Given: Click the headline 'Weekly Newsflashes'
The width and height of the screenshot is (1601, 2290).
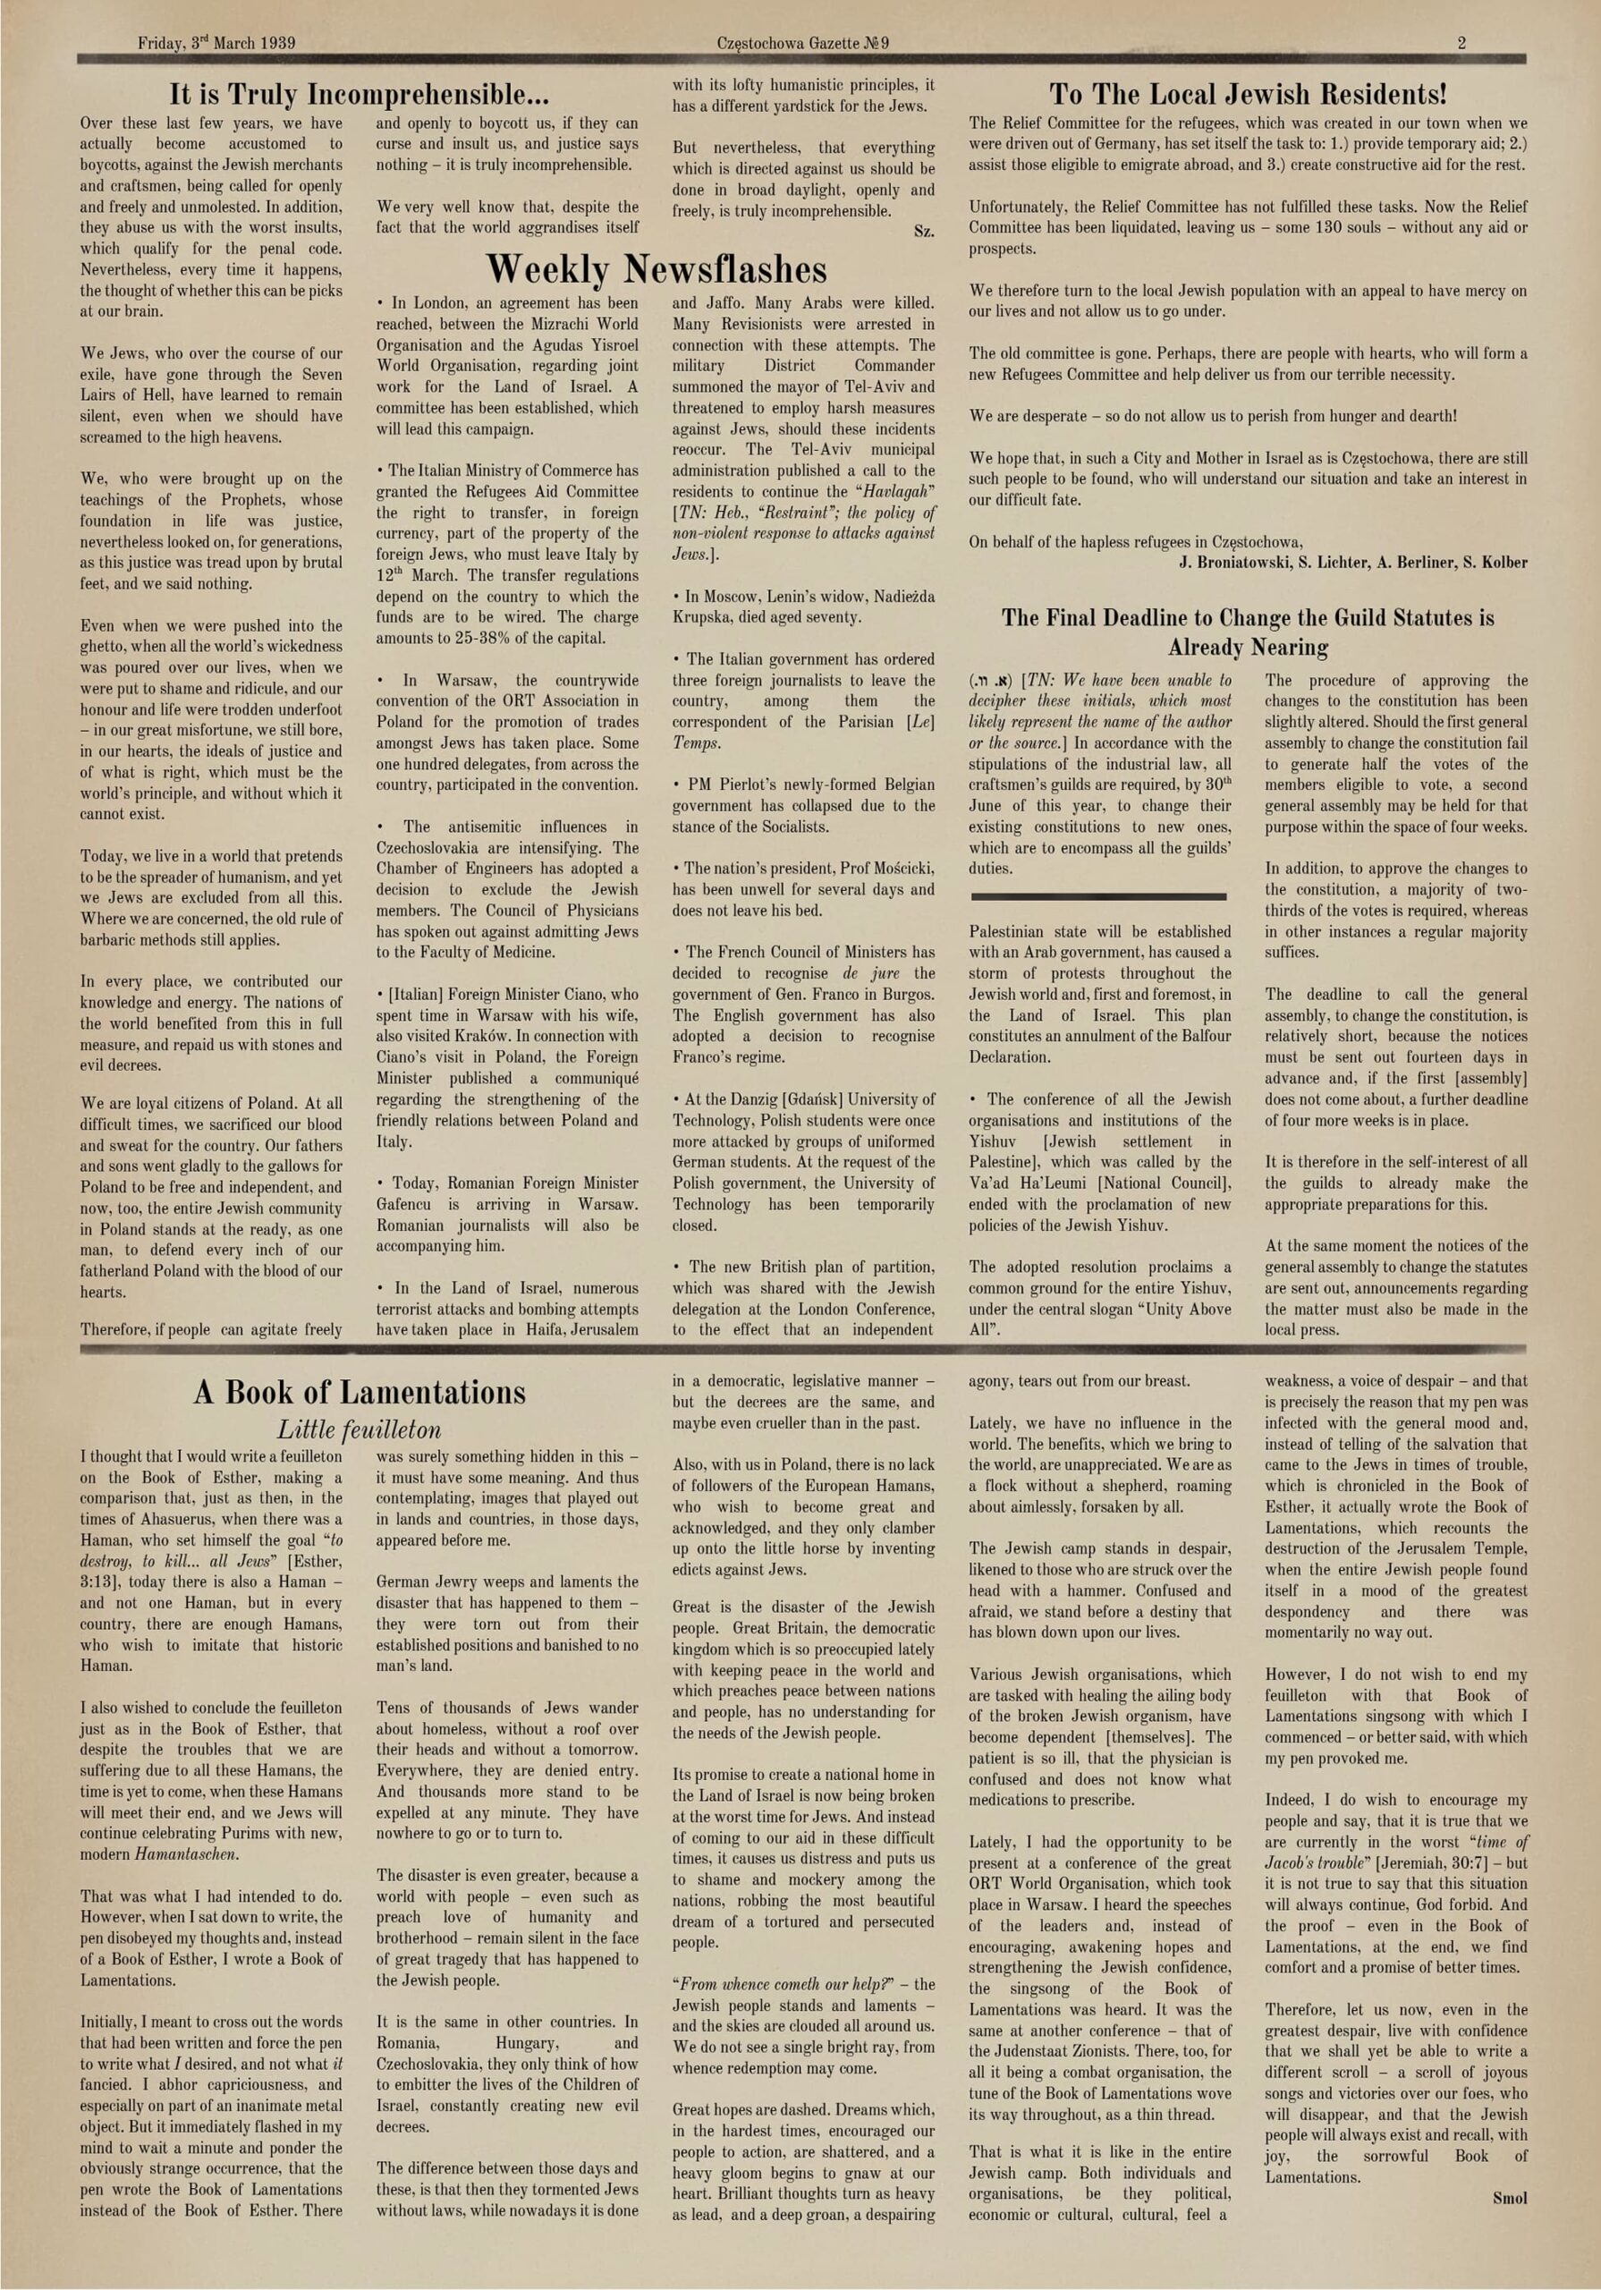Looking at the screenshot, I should (656, 269).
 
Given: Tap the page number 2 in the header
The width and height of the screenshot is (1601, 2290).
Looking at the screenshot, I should (1461, 43).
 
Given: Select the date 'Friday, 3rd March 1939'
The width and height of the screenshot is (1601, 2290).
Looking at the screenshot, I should (216, 43).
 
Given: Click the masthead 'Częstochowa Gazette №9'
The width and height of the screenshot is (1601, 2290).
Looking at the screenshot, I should (802, 43).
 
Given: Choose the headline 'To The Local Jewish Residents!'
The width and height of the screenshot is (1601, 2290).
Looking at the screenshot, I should (1247, 95).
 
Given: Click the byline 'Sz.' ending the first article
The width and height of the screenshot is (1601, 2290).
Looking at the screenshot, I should (924, 232).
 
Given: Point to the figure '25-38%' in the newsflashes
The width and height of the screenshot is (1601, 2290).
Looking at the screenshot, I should (496, 639).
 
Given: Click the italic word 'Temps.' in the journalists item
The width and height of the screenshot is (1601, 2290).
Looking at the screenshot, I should (693, 743).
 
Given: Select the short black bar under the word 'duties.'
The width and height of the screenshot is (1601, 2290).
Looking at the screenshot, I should (1098, 896).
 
